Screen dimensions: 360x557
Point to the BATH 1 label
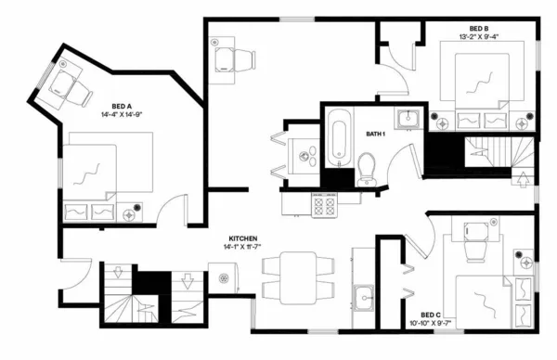click(375, 135)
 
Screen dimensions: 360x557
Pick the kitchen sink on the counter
click(363, 299)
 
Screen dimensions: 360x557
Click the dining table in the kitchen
click(298, 276)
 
